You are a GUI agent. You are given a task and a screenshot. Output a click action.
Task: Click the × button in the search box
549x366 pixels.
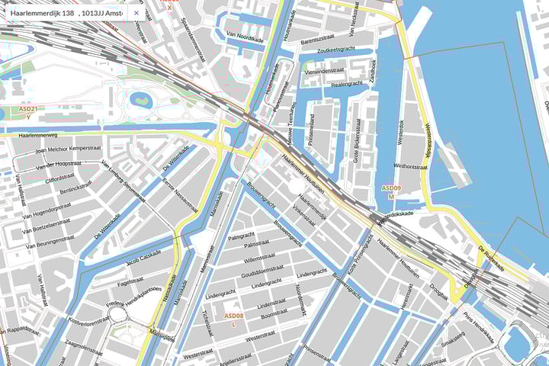click(x=136, y=13)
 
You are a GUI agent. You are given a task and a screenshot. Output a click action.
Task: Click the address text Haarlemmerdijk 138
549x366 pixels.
click(x=43, y=13)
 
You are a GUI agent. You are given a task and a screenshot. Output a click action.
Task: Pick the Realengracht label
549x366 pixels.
click(x=349, y=85)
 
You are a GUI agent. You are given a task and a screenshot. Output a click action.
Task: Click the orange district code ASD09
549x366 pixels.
click(x=391, y=188)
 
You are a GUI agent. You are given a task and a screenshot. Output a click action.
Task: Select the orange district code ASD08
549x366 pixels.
click(x=234, y=316)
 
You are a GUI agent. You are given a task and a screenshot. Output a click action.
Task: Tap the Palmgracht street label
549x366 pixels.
click(x=241, y=236)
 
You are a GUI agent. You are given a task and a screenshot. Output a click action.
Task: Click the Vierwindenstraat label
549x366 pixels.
click(x=324, y=71)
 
